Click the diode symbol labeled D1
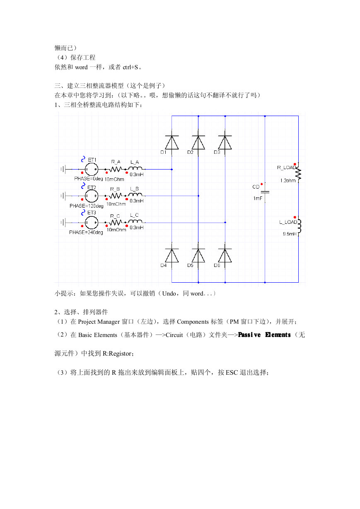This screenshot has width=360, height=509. click(172, 142)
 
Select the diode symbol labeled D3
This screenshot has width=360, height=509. click(225, 142)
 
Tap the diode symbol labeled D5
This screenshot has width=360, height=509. click(198, 255)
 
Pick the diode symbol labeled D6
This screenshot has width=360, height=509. click(225, 255)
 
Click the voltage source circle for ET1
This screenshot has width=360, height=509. click(92, 169)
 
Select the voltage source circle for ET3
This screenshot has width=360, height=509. click(92, 223)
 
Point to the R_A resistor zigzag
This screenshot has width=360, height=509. click(116, 169)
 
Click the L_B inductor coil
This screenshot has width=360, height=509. click(135, 195)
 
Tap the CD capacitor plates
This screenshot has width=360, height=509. click(265, 192)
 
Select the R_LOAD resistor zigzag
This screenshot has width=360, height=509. click(298, 174)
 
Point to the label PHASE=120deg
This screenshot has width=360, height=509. click(86, 206)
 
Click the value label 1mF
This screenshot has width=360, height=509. click(258, 199)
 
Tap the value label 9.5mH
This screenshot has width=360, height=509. click(290, 234)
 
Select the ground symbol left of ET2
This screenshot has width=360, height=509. click(63, 196)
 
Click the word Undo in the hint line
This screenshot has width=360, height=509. click(169, 293)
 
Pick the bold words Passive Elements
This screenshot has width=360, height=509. click(264, 335)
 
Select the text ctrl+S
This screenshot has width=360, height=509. click(130, 67)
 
